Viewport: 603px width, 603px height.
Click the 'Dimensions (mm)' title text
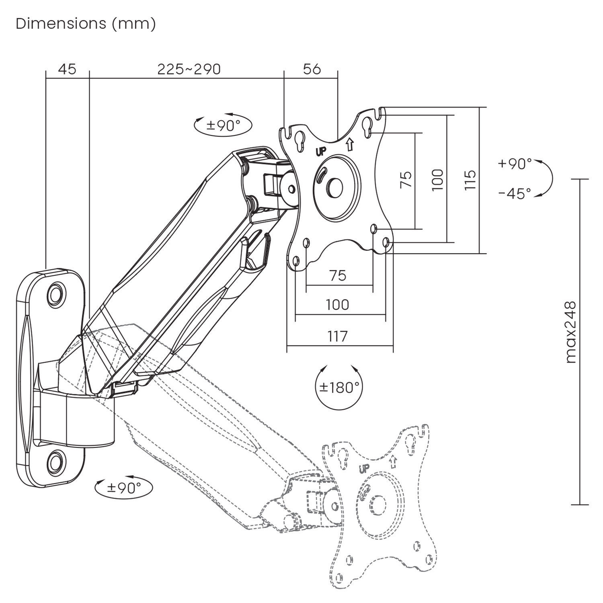[86, 24]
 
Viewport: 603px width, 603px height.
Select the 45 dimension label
[67, 69]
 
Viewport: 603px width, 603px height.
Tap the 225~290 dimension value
[189, 69]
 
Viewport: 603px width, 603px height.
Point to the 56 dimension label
[312, 69]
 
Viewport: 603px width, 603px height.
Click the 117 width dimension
[337, 336]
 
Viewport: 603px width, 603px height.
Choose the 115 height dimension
[470, 180]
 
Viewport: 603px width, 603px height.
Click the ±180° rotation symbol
[339, 388]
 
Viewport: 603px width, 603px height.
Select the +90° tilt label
[515, 164]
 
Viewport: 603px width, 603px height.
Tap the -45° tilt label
[515, 194]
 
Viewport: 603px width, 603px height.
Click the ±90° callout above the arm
[223, 125]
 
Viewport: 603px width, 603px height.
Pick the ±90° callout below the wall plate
[124, 488]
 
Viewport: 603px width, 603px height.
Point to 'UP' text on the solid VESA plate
[320, 152]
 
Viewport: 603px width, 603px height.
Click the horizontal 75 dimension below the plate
[337, 275]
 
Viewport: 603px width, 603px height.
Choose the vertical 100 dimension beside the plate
[438, 180]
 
